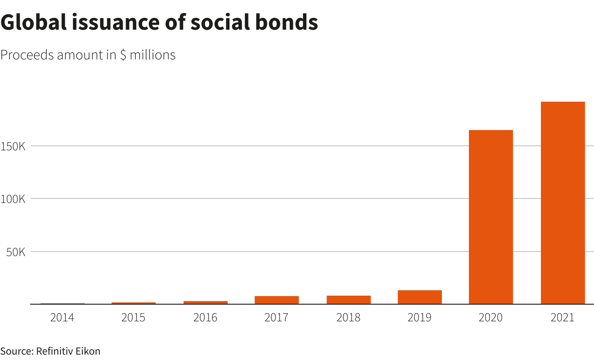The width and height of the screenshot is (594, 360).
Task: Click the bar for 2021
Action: [562, 202]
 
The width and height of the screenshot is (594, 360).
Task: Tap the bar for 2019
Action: [419, 297]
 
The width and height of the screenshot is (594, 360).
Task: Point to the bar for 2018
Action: [348, 300]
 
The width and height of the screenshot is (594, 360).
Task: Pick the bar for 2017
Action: [276, 300]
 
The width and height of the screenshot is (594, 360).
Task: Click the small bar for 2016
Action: [205, 302]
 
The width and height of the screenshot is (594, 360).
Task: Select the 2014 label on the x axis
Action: [62, 318]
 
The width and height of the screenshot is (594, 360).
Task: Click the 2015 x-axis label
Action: [133, 318]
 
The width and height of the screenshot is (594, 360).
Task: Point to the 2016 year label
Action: [205, 318]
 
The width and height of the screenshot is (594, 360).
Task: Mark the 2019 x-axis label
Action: [419, 318]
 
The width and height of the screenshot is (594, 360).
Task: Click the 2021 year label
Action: [562, 318]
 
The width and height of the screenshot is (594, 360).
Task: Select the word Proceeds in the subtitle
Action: [27, 55]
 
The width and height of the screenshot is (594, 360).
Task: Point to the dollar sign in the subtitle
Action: [123, 55]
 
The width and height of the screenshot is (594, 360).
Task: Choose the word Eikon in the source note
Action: [88, 351]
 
